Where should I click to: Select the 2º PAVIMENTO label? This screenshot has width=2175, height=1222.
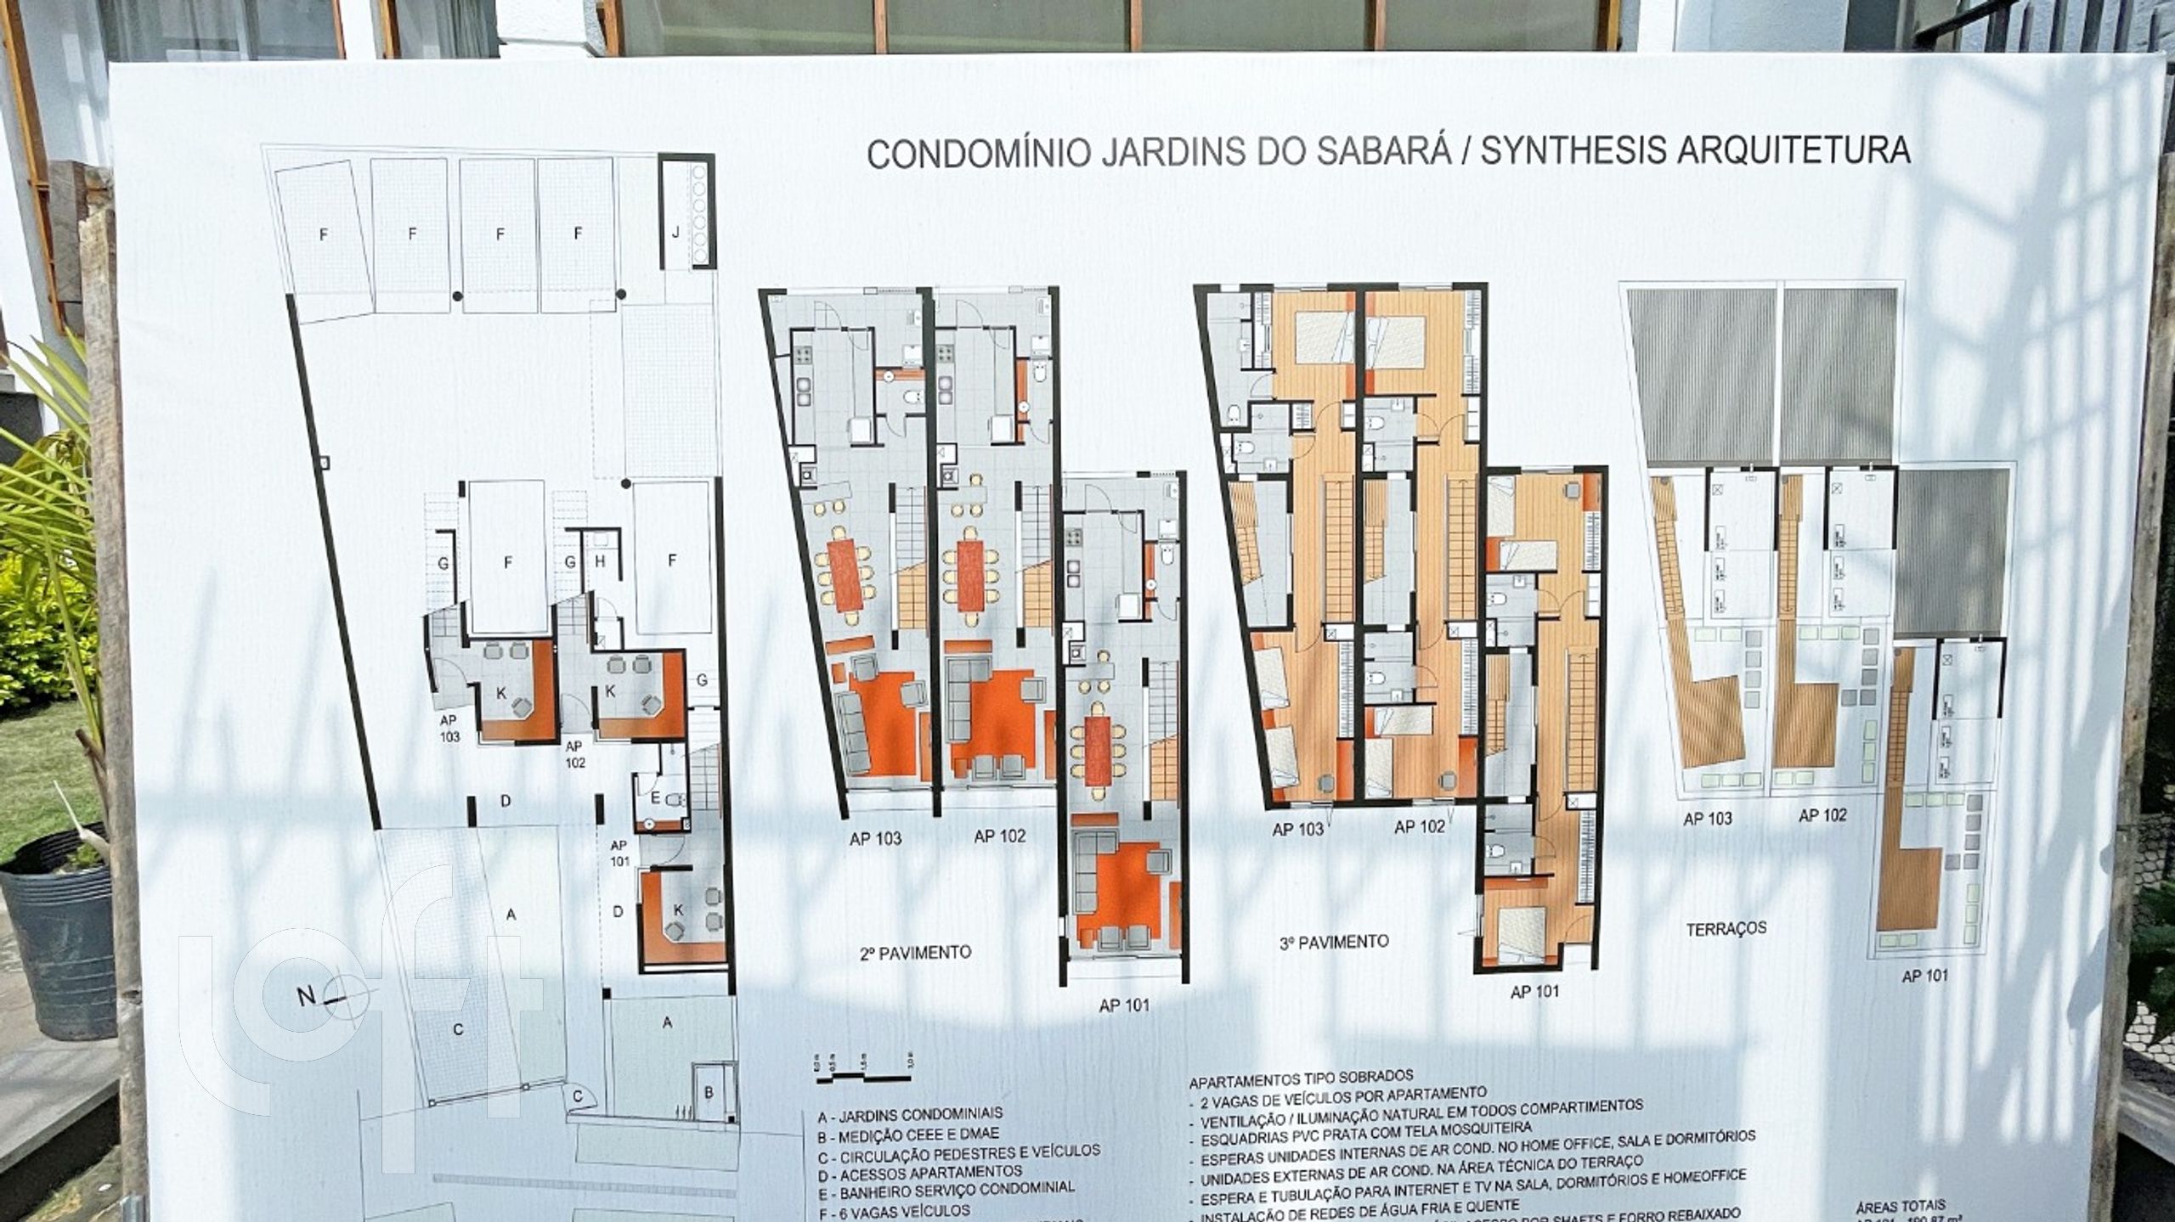click(x=915, y=953)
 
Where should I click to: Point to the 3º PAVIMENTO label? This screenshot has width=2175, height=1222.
click(x=1334, y=942)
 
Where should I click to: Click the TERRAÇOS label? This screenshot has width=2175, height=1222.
click(x=1726, y=928)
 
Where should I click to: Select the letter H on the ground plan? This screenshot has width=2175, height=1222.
click(x=600, y=561)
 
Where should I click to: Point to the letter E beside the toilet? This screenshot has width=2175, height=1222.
click(x=655, y=797)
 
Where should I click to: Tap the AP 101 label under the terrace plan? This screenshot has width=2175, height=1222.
click(x=1924, y=976)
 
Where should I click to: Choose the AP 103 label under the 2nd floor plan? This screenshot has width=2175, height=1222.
click(x=875, y=839)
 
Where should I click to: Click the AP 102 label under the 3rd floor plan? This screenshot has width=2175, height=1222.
click(x=1419, y=827)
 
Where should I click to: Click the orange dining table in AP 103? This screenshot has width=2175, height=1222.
click(x=845, y=574)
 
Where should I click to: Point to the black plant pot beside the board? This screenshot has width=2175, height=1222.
click(x=59, y=943)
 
